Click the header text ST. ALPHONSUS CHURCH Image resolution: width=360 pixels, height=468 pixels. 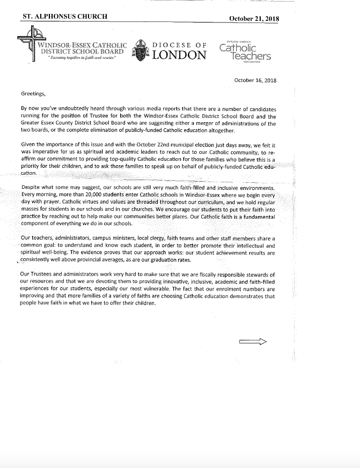point(64,17)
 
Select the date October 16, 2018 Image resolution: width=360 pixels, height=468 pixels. point(255,80)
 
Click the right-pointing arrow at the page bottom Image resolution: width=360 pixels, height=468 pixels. point(252,343)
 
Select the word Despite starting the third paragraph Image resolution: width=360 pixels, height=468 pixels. point(32,188)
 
